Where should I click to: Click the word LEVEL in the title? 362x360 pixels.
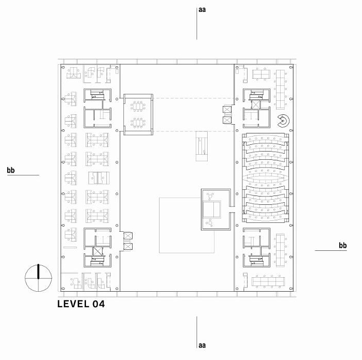click(x=74, y=304)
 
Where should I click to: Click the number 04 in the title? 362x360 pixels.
click(x=98, y=304)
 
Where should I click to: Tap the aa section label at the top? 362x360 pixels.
click(x=202, y=10)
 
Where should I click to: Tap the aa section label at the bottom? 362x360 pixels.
click(x=202, y=345)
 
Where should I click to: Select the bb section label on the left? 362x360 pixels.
click(x=11, y=170)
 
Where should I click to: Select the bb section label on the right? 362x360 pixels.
click(x=343, y=245)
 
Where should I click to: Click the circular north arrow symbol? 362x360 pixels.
click(x=38, y=278)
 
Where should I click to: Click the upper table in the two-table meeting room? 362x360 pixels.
click(x=138, y=107)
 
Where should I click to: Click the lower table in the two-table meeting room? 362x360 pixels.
click(x=138, y=123)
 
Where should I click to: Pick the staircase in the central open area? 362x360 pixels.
click(x=202, y=146)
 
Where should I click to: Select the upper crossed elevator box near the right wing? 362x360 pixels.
click(x=227, y=109)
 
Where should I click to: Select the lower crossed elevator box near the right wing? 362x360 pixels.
click(x=227, y=120)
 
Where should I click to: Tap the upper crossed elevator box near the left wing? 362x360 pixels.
click(x=128, y=236)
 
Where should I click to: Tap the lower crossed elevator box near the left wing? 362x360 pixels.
click(x=128, y=247)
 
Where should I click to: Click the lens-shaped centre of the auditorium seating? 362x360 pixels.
click(x=266, y=178)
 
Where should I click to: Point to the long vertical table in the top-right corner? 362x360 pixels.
click(x=281, y=89)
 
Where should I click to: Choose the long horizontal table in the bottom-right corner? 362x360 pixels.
click(x=268, y=281)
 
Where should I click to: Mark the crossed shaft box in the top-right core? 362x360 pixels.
click(x=256, y=104)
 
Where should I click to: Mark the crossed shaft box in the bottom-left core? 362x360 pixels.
click(x=97, y=251)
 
